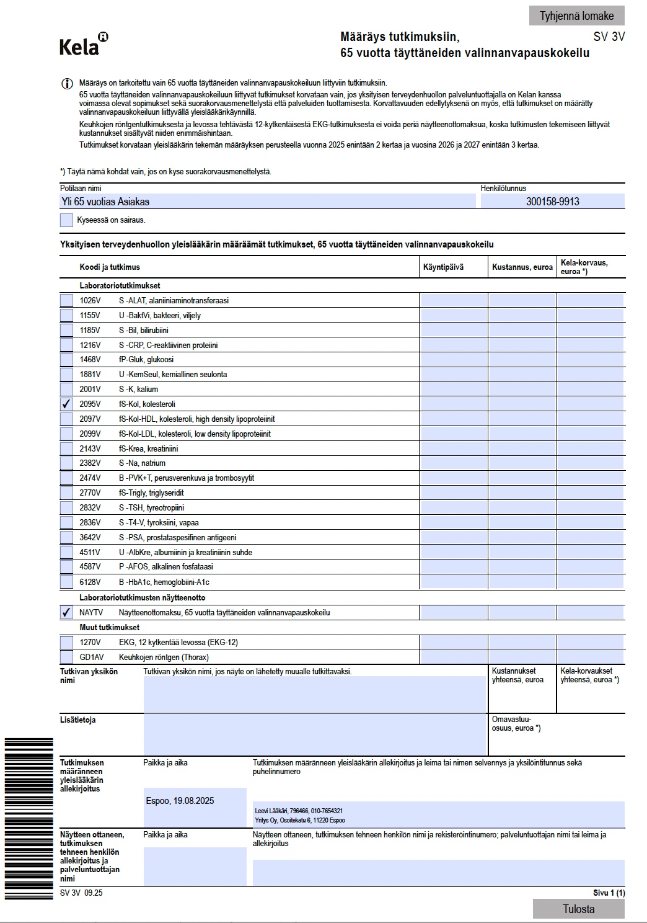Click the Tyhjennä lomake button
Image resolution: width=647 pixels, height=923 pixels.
pos(576,16)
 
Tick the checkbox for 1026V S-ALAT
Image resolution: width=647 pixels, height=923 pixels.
pos(66,300)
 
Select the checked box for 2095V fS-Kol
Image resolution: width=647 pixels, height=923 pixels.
pos(66,404)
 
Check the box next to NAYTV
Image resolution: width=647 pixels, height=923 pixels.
pos(66,612)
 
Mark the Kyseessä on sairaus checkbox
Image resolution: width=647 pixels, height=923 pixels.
pos(66,220)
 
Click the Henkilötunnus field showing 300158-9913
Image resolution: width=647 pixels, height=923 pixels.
pos(552,202)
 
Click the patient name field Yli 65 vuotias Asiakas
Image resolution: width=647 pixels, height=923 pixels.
pos(267,202)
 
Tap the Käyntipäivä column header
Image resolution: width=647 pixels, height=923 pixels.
pos(443,267)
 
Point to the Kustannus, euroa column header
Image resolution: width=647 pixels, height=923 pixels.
pos(522,267)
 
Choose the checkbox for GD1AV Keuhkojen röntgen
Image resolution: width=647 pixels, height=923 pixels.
pos(66,657)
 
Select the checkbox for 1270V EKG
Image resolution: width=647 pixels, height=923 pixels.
pos(66,642)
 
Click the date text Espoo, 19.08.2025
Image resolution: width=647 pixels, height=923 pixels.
pos(180,801)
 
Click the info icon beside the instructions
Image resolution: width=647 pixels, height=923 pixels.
pos(66,84)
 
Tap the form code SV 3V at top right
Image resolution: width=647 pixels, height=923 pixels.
pos(609,37)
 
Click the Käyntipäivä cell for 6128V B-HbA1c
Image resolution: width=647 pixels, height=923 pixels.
pos(454,582)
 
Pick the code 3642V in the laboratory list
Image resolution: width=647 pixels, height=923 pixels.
pos(90,537)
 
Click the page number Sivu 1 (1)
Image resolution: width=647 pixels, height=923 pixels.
pos(609,893)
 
